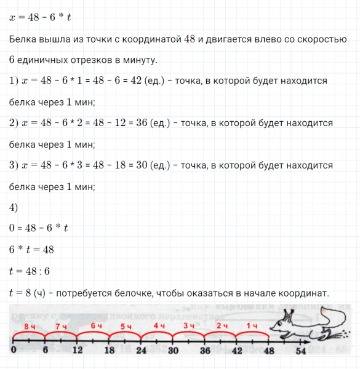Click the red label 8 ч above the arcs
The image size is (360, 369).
coord(28,325)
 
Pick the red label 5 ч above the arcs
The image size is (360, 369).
coord(126,325)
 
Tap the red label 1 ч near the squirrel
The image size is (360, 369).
coord(252,325)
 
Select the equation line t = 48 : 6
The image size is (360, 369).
coord(30,271)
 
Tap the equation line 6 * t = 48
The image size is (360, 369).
coord(32,250)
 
